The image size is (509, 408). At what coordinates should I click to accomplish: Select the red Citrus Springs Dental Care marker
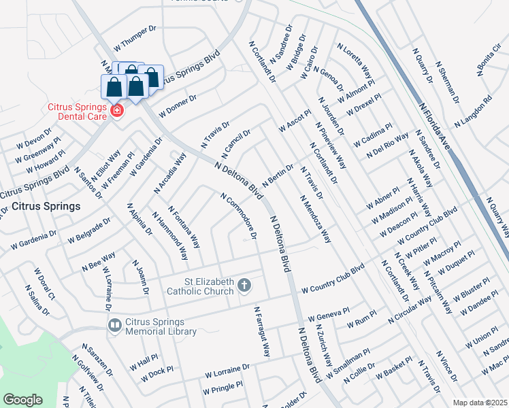tap(116, 110)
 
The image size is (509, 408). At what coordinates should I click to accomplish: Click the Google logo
tap(22, 399)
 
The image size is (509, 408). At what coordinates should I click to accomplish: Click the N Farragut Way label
tap(262, 332)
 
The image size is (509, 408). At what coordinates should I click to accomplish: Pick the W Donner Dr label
tap(178, 105)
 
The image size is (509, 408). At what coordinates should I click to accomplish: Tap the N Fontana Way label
tap(184, 227)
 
